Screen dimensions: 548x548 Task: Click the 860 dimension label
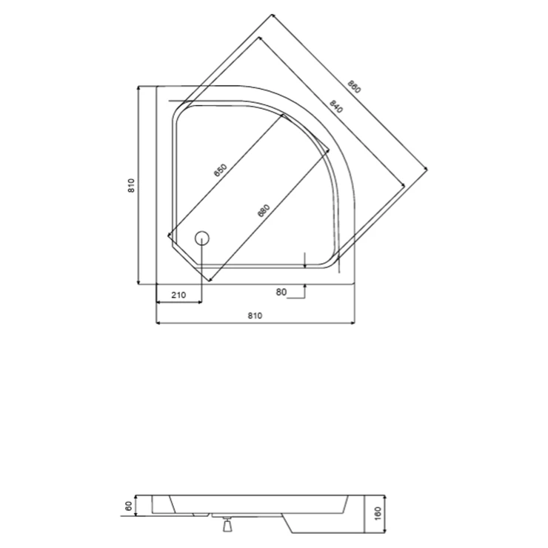click(354, 87)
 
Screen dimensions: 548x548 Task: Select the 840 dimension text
click(336, 107)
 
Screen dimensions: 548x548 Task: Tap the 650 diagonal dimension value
click(221, 170)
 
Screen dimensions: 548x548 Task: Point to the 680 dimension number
click(264, 210)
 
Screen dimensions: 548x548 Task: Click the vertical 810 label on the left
click(131, 185)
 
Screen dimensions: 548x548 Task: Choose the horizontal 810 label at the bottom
click(255, 315)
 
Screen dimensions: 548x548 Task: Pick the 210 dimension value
click(178, 295)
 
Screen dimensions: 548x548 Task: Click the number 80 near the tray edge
click(281, 292)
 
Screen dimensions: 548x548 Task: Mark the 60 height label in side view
click(129, 506)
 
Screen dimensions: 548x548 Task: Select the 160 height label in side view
click(378, 514)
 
